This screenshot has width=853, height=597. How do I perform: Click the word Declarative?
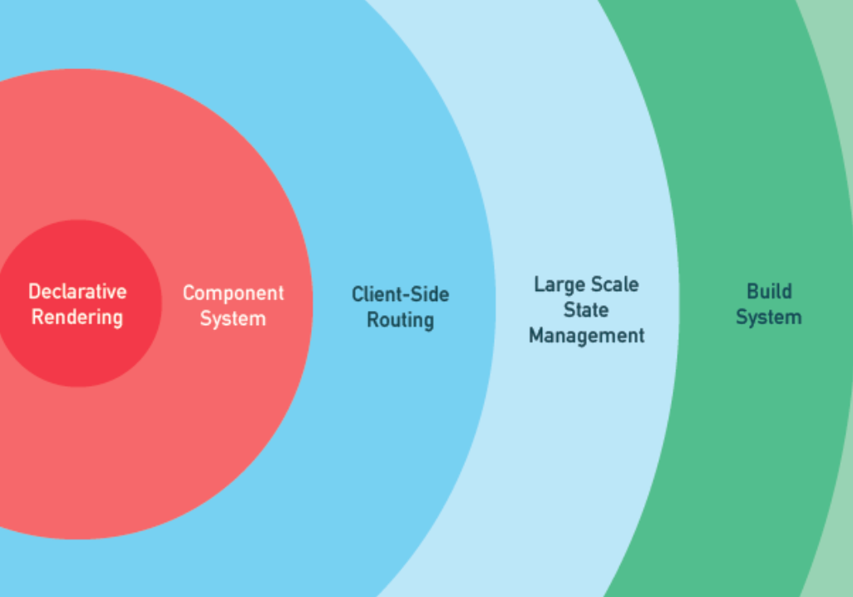click(x=77, y=292)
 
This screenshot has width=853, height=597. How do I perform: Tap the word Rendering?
click(x=77, y=318)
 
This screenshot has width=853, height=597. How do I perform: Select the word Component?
click(x=233, y=294)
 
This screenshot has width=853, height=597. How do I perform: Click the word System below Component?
click(x=233, y=318)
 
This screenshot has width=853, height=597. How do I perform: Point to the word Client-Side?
click(x=400, y=294)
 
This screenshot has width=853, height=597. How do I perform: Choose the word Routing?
click(x=400, y=320)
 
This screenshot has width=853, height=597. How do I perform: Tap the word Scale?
click(x=616, y=284)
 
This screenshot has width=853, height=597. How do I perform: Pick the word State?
click(x=586, y=310)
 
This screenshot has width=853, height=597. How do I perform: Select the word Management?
click(x=586, y=336)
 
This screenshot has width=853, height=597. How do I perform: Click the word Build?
click(x=769, y=292)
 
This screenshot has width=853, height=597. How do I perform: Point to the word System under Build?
click(x=769, y=318)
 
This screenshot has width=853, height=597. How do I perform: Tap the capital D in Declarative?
click(x=34, y=292)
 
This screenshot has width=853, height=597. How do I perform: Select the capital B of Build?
click(x=752, y=292)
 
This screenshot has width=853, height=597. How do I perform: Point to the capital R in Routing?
click(x=372, y=320)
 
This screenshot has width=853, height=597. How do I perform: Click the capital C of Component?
click(x=188, y=294)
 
